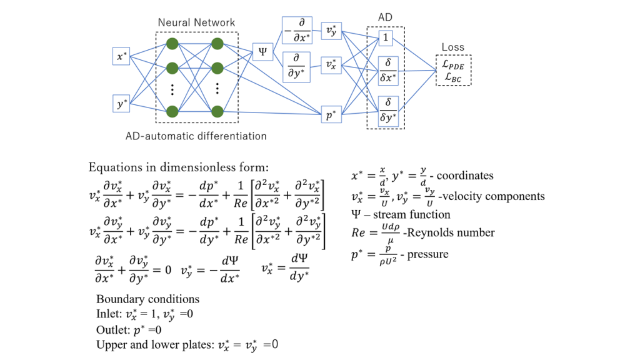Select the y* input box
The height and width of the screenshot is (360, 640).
[x=121, y=103]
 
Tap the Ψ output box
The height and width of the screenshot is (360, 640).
[x=261, y=52]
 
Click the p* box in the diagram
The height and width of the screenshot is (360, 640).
[x=331, y=115]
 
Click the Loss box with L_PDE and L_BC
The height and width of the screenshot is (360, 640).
[x=454, y=69]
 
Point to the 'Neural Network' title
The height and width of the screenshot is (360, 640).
[x=196, y=22]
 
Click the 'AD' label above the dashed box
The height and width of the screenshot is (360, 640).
[x=386, y=17]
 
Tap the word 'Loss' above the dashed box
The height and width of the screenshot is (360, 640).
[x=453, y=47]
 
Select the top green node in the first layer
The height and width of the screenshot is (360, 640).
[x=172, y=44]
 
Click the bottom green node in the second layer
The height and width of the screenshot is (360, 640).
[x=217, y=112]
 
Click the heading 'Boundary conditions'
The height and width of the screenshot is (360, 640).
[x=147, y=299]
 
